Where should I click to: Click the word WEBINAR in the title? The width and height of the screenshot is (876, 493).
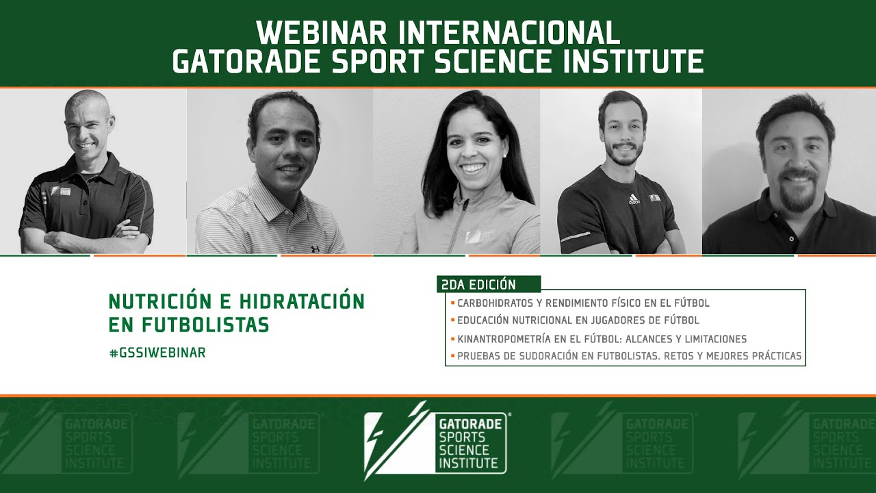pos(322,32)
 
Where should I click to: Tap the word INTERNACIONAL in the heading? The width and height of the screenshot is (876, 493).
pos(509,32)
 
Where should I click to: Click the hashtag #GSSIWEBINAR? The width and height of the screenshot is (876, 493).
pos(157,353)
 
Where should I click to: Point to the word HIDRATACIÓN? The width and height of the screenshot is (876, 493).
pos(302,302)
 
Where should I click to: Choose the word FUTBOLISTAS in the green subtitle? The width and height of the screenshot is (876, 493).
pos(205,325)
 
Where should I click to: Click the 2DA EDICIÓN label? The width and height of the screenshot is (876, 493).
pos(478,284)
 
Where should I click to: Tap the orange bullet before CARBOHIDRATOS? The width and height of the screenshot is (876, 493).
pos(452,303)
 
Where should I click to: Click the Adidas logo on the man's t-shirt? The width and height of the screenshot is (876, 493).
pos(634,199)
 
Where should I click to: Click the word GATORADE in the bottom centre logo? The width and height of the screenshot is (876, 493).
pos(470,424)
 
